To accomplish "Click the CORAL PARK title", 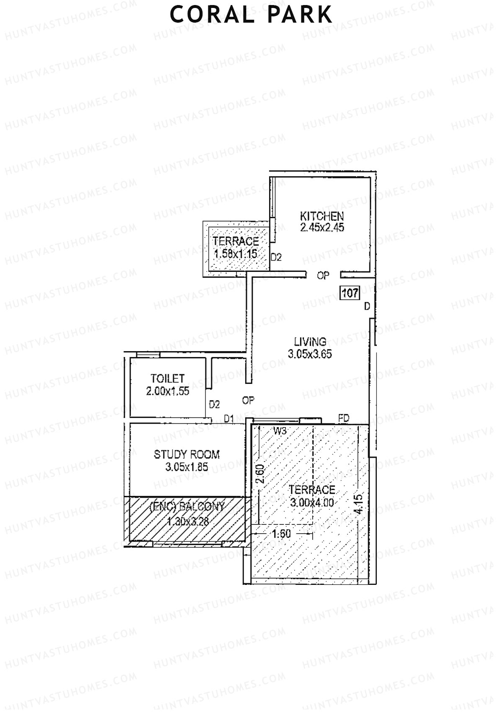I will [x=251, y=14].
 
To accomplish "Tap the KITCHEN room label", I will [x=322, y=216].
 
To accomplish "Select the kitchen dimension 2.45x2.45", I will [x=322, y=228].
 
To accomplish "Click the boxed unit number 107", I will [x=350, y=292].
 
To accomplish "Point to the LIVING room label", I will [x=310, y=342].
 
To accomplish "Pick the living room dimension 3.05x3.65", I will [x=310, y=354].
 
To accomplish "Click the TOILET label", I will [x=168, y=378].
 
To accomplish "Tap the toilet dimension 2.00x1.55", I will [x=168, y=391].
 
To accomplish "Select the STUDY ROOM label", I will [x=187, y=454].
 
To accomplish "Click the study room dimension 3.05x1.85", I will [x=187, y=467].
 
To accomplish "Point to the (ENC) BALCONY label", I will [x=187, y=506].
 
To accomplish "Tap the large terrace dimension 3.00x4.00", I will [x=312, y=502].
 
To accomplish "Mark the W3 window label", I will [x=280, y=430].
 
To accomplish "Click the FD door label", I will [x=344, y=418].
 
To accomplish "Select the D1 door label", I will [x=228, y=418].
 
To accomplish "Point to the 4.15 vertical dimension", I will [x=359, y=503].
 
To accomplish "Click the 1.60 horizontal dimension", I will [x=281, y=534].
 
